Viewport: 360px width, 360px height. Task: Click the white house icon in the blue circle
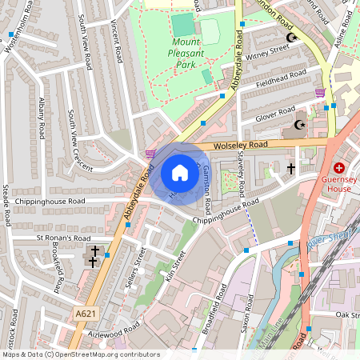(x=180, y=173)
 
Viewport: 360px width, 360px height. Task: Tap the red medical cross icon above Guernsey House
(x=339, y=168)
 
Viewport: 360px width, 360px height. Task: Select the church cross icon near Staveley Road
(x=291, y=169)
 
